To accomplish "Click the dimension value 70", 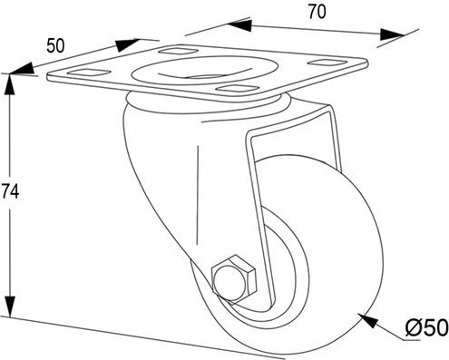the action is coord(317,13).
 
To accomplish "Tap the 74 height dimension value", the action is coord(10,191).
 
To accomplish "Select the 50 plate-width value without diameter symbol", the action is coord(55,46).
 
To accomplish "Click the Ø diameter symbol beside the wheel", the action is coord(415,328).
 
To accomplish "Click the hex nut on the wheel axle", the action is coord(234,278).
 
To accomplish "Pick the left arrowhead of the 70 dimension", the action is coord(240,24).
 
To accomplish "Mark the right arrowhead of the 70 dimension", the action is coord(392,34).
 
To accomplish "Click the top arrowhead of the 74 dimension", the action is coord(10,85).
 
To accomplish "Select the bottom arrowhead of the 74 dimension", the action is coord(10,306).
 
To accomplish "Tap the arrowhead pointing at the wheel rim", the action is coord(368,321).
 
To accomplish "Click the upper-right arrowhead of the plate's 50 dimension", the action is coord(127,44).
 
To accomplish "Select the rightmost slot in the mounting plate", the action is coord(327,63).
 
